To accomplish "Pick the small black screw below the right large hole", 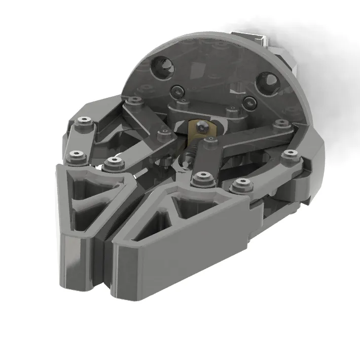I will (x=248, y=102).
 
